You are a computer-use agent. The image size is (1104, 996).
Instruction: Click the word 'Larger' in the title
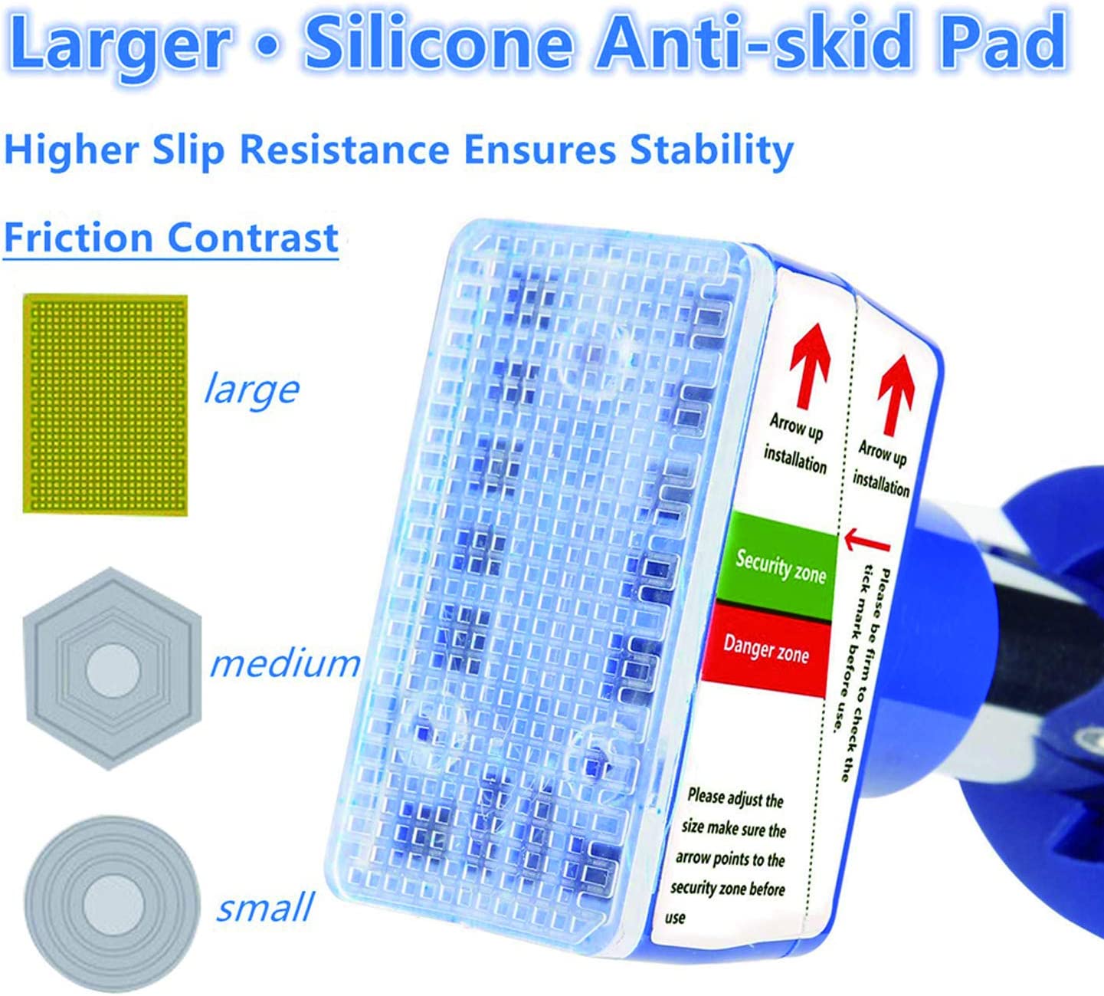(x=117, y=47)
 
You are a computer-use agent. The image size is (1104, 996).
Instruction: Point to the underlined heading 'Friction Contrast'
(x=171, y=238)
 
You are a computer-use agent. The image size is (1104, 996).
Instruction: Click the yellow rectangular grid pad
(x=105, y=405)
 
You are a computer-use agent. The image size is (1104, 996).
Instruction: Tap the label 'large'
(x=251, y=390)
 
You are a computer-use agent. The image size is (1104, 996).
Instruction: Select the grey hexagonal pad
(x=113, y=669)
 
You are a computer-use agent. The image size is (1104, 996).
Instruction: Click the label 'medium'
(x=284, y=663)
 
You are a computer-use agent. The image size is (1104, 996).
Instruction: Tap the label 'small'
(x=265, y=907)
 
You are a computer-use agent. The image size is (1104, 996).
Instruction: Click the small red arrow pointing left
(x=866, y=541)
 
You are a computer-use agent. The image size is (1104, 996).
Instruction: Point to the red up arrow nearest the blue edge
(x=896, y=394)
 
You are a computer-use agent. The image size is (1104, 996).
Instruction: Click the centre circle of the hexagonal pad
(x=113, y=671)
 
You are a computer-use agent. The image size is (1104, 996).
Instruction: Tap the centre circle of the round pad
(x=113, y=906)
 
